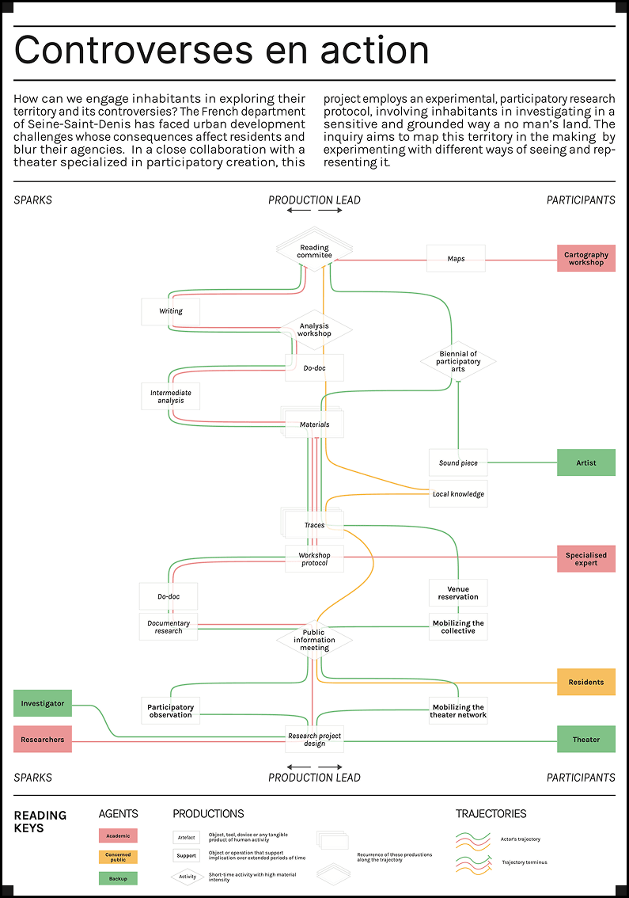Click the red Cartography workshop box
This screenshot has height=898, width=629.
point(585,258)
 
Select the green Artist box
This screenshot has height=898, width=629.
point(585,462)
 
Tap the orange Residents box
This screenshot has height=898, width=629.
point(585,682)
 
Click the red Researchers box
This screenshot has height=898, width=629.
point(43,739)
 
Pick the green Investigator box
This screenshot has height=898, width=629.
point(43,702)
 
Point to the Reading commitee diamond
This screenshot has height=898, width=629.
point(314,251)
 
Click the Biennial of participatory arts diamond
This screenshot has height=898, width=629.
point(458,362)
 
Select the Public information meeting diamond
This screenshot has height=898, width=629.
point(314,640)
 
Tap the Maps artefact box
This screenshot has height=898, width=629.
point(456,258)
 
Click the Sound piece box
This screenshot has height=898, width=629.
point(458,462)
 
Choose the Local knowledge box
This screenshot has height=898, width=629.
point(458,493)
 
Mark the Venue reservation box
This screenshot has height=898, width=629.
point(458,593)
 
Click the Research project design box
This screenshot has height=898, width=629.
point(314,740)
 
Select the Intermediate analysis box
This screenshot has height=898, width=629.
point(171,396)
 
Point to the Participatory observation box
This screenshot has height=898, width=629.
point(171,710)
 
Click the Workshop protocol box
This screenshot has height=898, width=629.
point(314,558)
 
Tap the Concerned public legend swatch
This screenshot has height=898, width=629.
point(118,857)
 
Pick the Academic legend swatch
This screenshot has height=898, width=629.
point(118,835)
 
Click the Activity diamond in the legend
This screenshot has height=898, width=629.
point(187,877)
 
